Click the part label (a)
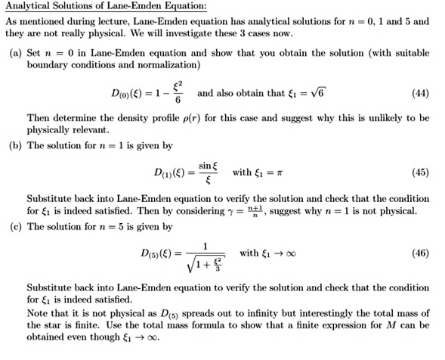(15, 53)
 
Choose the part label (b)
(15, 145)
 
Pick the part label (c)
(15, 226)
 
